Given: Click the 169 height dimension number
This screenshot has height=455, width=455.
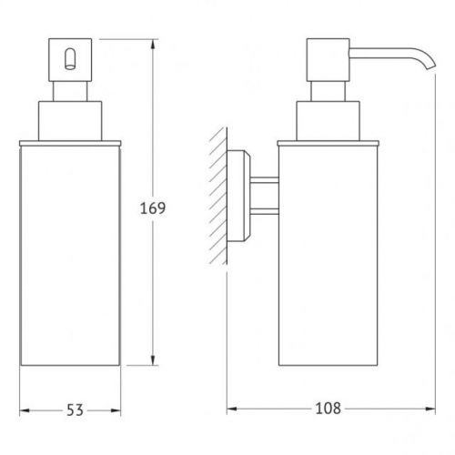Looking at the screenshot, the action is pyautogui.click(x=153, y=208).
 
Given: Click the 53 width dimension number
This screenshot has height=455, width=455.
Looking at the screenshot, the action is pyautogui.click(x=75, y=410).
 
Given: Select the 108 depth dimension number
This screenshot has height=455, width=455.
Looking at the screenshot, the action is pyautogui.click(x=329, y=409).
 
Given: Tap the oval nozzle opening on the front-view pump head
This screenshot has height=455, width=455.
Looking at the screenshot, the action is pyautogui.click(x=70, y=59).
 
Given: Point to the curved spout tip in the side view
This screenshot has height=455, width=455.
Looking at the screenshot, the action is pyautogui.click(x=431, y=66).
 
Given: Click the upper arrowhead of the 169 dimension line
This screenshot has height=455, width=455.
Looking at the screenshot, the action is pyautogui.click(x=153, y=45).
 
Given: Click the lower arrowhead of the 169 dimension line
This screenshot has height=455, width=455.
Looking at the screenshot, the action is pyautogui.click(x=153, y=360).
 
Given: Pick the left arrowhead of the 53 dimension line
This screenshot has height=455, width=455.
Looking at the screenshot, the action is pyautogui.click(x=25, y=410).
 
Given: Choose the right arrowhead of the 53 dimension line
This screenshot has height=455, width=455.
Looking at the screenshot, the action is pyautogui.click(x=116, y=410).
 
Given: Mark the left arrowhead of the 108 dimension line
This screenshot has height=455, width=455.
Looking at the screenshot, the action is pyautogui.click(x=232, y=409).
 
